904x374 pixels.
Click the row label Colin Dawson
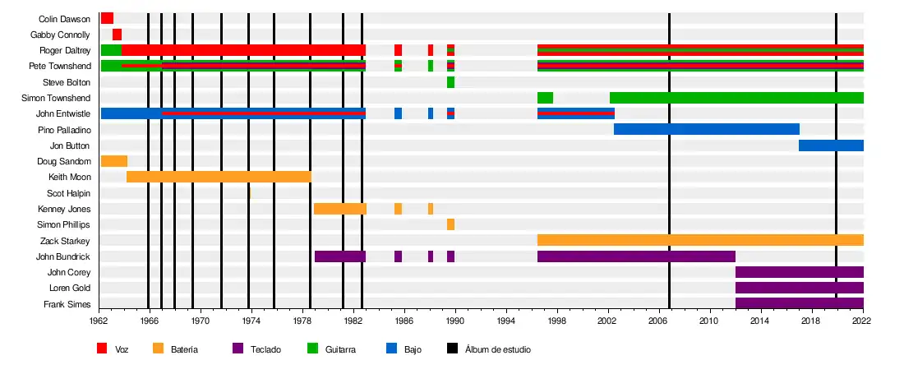(64, 19)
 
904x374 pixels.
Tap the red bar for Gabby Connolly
(117, 35)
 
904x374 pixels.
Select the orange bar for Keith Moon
(219, 177)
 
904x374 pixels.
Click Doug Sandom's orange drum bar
(113, 161)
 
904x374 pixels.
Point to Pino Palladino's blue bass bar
(706, 129)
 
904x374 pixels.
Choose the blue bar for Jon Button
(831, 145)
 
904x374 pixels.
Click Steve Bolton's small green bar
(450, 82)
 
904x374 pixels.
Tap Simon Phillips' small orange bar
(450, 224)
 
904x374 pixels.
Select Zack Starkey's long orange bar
(700, 240)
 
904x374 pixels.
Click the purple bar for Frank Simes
(799, 303)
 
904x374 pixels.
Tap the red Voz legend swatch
(102, 349)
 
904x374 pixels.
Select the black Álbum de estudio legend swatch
(452, 349)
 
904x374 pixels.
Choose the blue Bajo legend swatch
(391, 349)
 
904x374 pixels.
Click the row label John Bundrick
(63, 256)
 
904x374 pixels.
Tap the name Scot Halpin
(68, 193)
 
